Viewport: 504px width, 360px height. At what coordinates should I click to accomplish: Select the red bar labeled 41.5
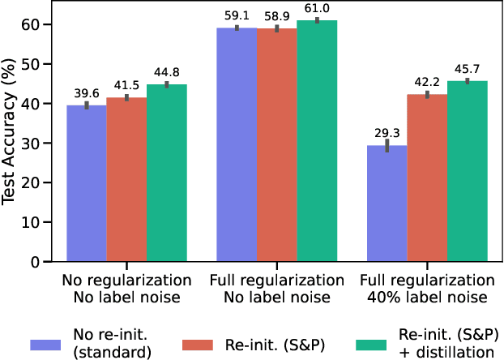(126, 179)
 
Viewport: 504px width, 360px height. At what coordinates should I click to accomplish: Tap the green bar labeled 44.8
(167, 173)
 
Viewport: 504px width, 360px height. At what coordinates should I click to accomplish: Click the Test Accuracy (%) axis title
(11, 136)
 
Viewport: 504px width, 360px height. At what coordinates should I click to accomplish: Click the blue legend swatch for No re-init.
(52, 345)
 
